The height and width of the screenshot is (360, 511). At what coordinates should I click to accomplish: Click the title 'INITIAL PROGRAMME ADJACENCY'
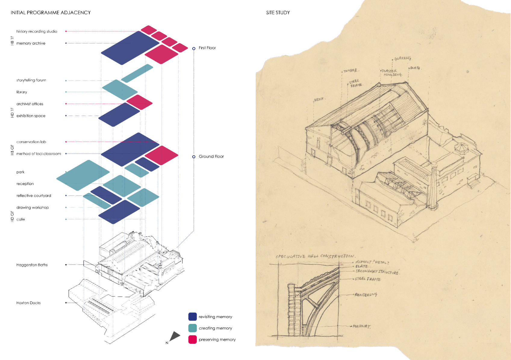pos(51,13)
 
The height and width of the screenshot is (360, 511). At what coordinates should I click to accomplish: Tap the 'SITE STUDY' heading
pos(278,13)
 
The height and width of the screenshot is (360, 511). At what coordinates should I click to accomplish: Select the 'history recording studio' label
pos(37,31)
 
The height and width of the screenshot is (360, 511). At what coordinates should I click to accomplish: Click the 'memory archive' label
pos(31,43)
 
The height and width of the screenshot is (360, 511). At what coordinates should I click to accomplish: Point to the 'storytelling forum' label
pos(31,80)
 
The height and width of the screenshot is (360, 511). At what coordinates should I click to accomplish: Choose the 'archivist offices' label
pos(30,104)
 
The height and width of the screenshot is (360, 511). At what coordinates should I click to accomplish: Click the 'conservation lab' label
pos(31,142)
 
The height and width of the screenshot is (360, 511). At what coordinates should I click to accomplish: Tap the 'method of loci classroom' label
pos(39,154)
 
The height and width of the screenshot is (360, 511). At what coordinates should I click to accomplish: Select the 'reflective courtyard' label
pos(34,196)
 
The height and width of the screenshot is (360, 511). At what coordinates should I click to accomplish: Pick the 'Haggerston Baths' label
pos(32,265)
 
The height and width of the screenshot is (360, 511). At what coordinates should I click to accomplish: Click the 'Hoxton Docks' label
pos(28,303)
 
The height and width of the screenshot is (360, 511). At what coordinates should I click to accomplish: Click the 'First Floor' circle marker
pos(194,49)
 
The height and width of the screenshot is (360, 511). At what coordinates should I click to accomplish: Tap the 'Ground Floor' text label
pos(211,156)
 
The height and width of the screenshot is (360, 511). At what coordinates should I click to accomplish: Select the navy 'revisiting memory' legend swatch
pos(192,317)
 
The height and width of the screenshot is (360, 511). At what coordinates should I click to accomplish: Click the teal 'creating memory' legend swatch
pos(192,328)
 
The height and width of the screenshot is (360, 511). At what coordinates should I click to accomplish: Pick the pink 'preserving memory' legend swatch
pos(192,340)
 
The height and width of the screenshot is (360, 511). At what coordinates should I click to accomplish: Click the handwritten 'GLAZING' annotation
pos(403,58)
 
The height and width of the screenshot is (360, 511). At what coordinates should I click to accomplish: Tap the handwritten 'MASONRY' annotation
pos(362,326)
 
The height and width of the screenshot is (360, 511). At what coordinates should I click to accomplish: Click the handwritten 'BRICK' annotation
pos(319,99)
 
